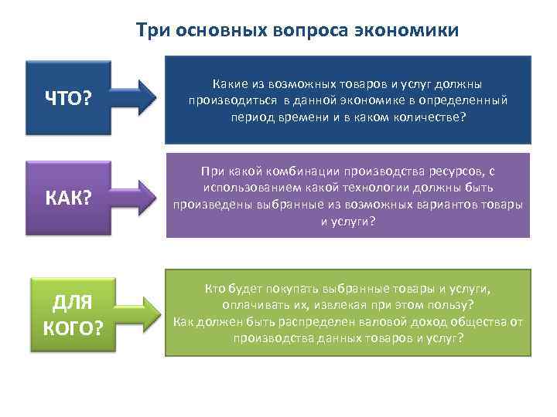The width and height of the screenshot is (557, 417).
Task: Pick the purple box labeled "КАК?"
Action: coord(69,198)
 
